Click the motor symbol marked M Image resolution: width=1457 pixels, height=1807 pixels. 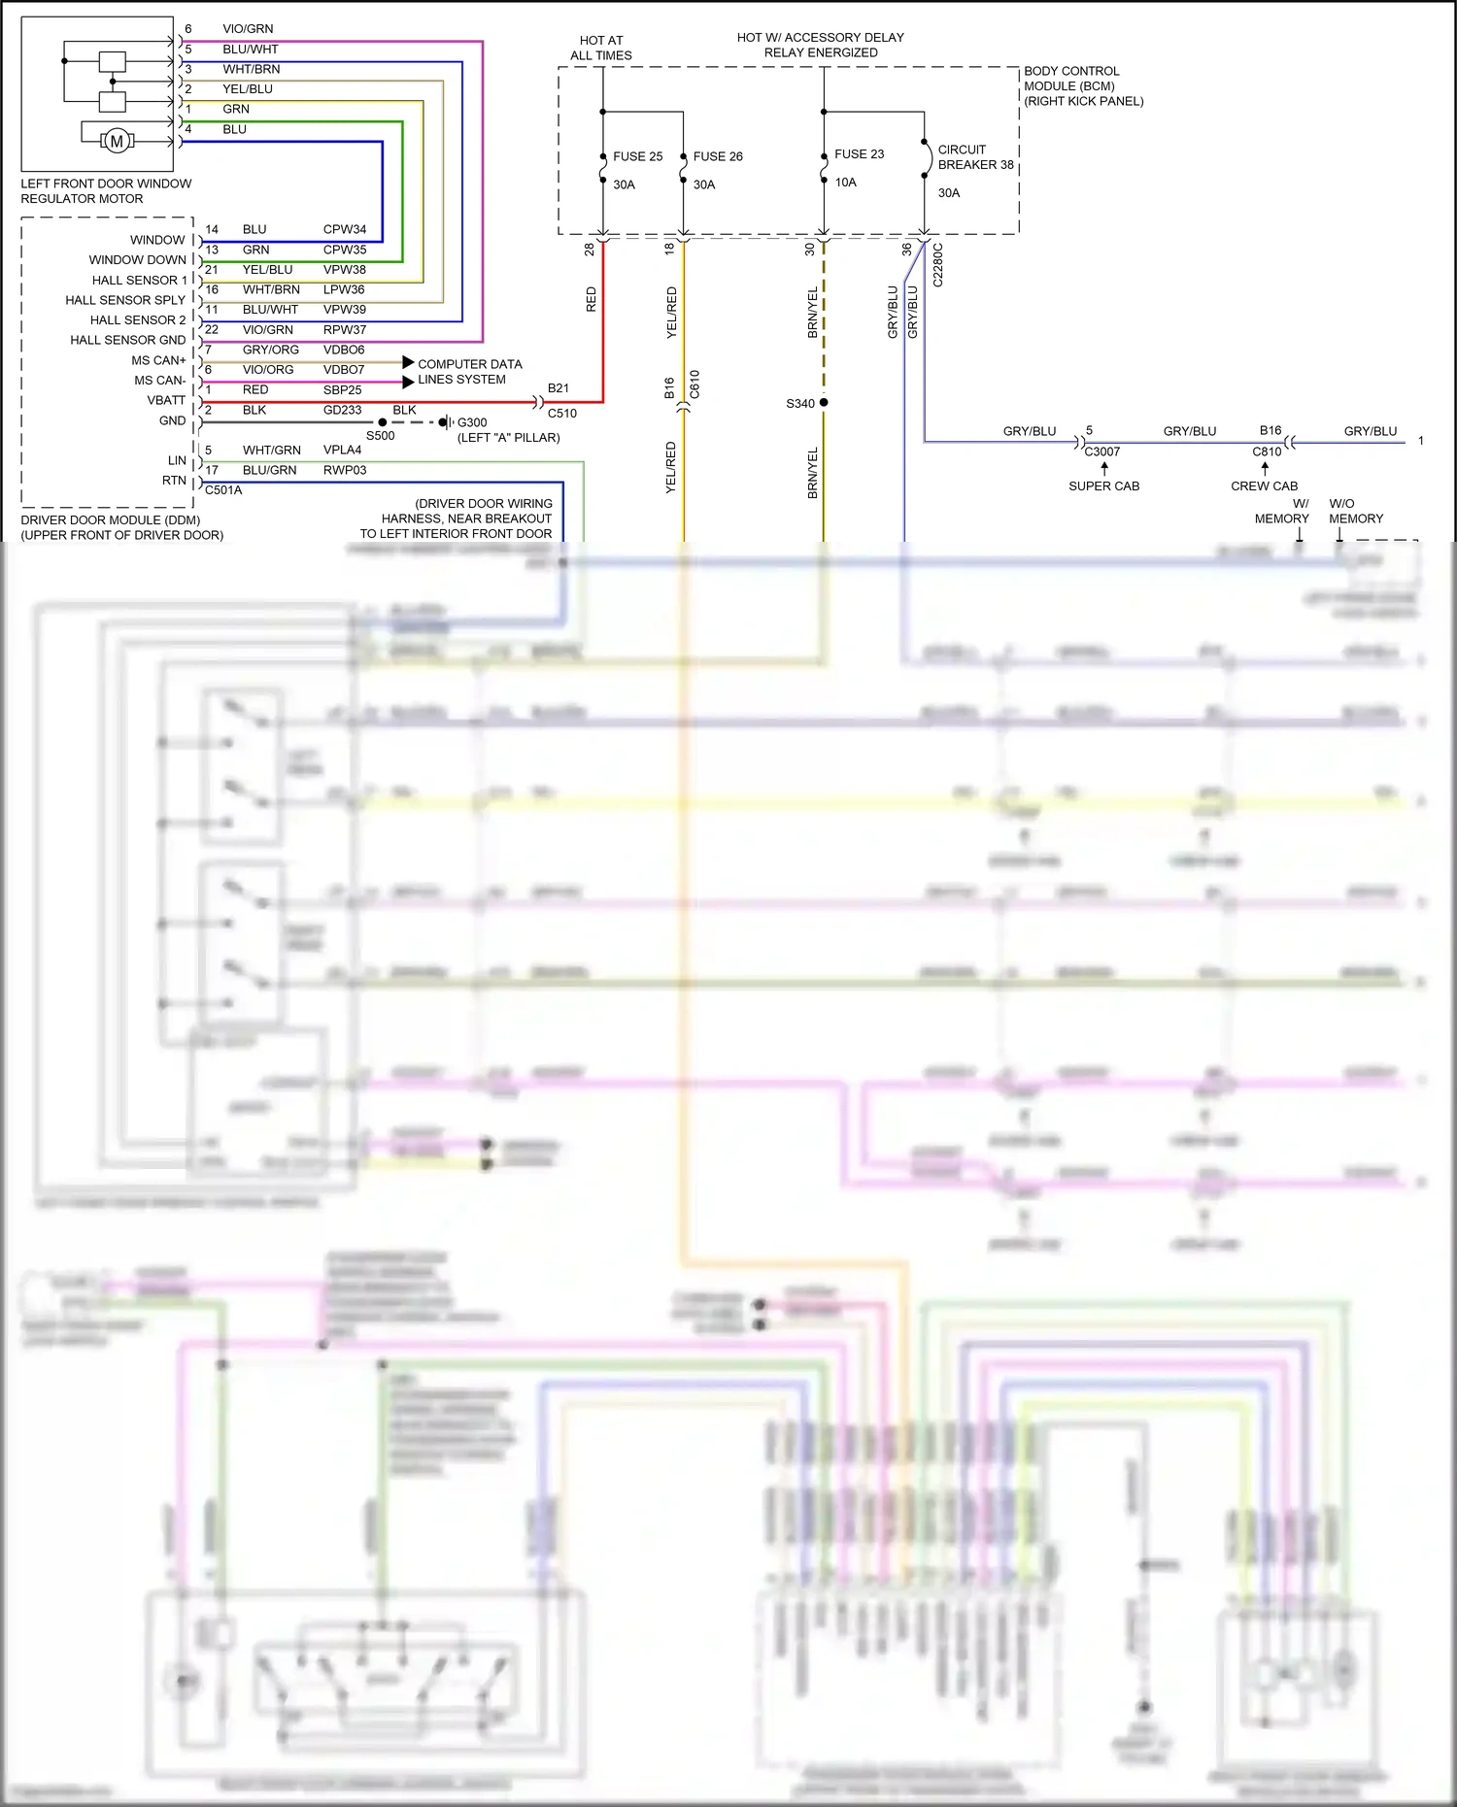point(117,142)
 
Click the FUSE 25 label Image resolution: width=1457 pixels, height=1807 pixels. point(637,156)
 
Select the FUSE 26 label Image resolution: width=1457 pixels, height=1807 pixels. point(718,156)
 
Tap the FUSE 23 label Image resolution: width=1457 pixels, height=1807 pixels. point(859,154)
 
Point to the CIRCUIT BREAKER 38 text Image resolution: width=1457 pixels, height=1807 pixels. point(974,157)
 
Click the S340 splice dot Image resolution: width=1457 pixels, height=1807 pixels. point(824,402)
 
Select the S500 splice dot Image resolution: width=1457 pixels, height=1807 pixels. point(383,422)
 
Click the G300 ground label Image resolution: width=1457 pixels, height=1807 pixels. point(472,422)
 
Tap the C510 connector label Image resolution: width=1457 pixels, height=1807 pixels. point(561,413)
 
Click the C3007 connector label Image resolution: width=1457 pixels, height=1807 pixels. point(1101,452)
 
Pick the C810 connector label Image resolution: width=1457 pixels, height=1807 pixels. point(1267,452)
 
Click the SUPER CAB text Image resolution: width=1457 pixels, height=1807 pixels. point(1103,485)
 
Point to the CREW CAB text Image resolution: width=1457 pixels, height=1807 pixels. point(1264,485)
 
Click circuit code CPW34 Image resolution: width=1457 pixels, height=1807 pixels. point(345,229)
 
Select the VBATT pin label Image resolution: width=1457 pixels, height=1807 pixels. point(166,400)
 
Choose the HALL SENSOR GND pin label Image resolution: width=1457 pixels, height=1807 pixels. point(127,340)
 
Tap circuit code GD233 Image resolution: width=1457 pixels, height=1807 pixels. point(342,410)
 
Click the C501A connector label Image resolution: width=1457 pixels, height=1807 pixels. point(223,490)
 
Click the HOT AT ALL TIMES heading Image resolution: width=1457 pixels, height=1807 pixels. point(601,48)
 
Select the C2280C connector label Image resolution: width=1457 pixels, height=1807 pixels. point(938,265)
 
